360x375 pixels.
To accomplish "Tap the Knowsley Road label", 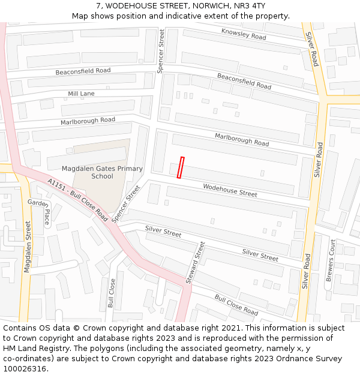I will click(244, 34).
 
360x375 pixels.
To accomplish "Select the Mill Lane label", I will click(81, 94).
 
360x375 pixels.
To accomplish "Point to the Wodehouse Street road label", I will click(230, 190).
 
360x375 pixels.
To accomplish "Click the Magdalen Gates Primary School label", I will click(102, 172).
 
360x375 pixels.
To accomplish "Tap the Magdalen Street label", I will click(28, 246).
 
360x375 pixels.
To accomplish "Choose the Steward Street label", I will click(195, 262).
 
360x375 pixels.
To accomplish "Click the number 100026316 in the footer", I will click(25, 368).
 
